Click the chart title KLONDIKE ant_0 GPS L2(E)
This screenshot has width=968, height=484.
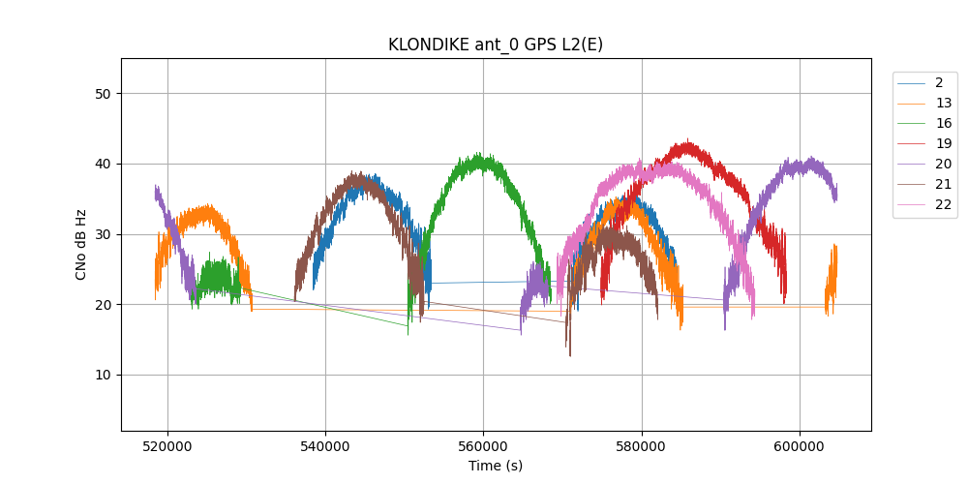tap(496, 45)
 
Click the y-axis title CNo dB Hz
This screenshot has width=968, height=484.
tap(81, 245)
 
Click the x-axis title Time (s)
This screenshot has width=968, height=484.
tap(496, 466)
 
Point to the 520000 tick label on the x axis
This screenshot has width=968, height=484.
tap(167, 447)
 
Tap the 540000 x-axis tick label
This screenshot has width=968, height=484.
tap(325, 447)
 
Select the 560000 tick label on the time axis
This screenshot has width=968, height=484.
tap(483, 447)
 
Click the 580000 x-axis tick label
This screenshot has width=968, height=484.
tap(642, 447)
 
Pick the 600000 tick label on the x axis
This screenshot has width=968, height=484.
tap(800, 447)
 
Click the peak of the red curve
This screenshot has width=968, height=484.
tap(688, 141)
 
